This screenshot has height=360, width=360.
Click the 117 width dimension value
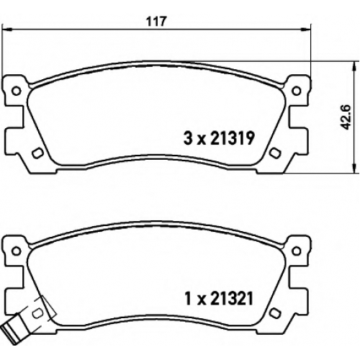coord(156,22)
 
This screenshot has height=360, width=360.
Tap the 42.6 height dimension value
coord(346,117)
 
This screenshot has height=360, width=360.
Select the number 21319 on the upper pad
coord(232,138)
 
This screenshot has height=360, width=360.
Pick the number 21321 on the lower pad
coord(232,299)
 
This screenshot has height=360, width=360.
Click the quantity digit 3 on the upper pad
coord(188,138)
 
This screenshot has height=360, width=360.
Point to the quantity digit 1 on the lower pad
coord(189,299)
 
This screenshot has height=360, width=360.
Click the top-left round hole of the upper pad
coord(17,91)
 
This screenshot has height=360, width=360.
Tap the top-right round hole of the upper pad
coord(297,91)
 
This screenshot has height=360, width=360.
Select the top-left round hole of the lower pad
coord(17,251)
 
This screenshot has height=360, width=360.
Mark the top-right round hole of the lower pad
coord(297,251)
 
